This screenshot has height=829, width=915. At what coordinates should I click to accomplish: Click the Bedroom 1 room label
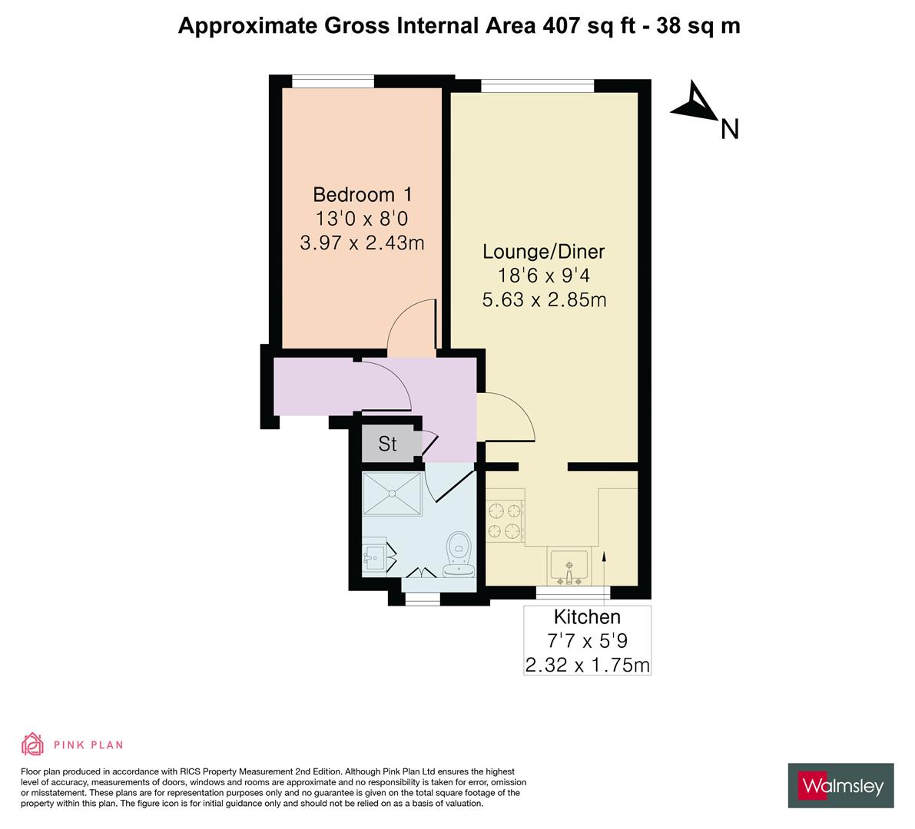(363, 194)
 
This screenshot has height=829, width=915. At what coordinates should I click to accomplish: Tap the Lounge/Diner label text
(543, 252)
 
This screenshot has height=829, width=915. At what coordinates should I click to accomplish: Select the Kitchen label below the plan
(587, 617)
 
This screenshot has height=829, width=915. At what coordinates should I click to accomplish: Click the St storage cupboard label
(387, 444)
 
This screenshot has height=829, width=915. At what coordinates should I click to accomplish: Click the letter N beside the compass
(729, 130)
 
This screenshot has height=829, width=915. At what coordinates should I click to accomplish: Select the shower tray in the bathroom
(392, 494)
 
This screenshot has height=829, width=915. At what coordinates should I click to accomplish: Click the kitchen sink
(569, 566)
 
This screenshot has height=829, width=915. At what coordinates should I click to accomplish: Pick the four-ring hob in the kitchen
(505, 520)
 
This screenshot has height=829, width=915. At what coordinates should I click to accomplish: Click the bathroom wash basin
(373, 558)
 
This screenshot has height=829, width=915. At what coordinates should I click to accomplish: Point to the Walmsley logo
(841, 785)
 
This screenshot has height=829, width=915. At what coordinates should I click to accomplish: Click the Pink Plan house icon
(33, 744)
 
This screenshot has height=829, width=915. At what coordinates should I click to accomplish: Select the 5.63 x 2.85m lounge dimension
(544, 299)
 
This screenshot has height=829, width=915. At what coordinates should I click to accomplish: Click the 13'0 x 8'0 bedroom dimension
(362, 219)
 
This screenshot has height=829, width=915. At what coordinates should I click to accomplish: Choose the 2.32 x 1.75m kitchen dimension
(587, 665)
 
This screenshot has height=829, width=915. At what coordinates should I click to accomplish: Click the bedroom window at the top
(333, 81)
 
